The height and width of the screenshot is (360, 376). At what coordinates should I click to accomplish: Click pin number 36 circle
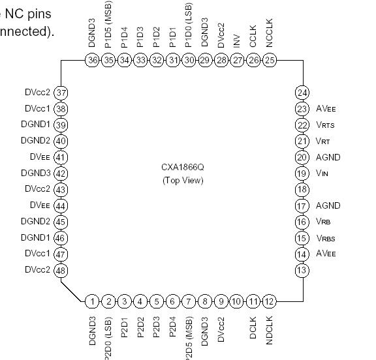tap(92, 60)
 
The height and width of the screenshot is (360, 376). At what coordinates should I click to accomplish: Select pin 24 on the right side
tap(302, 93)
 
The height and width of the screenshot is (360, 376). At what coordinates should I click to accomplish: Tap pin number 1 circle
tap(92, 301)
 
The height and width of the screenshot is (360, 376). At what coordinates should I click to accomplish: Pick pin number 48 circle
tap(61, 270)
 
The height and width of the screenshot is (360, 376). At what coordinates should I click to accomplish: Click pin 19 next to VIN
tap(302, 173)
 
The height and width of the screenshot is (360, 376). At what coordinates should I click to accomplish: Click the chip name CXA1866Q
tap(183, 167)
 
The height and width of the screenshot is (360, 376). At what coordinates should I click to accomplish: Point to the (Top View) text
tap(183, 180)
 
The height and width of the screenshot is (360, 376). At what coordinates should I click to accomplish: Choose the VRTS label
tap(324, 125)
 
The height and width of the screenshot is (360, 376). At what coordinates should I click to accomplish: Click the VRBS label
tap(325, 238)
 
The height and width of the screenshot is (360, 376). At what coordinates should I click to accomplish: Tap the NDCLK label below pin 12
tap(270, 329)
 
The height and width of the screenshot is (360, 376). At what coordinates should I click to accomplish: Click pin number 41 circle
tap(61, 157)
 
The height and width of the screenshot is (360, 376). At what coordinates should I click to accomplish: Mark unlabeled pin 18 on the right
tap(302, 190)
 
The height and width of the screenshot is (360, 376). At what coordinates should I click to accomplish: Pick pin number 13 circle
tap(302, 270)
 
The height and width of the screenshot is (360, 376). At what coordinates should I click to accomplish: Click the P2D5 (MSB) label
tap(189, 338)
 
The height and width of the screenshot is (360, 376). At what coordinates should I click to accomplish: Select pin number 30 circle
tap(189, 60)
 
